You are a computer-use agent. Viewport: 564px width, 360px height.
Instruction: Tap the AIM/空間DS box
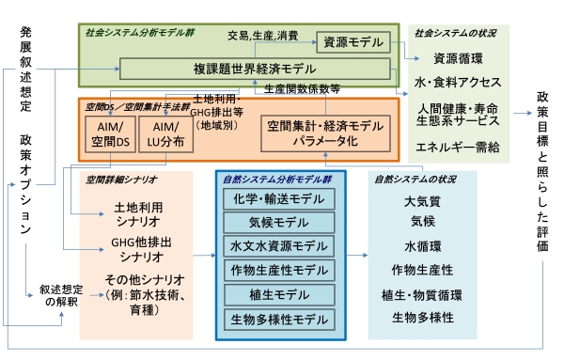(110, 133)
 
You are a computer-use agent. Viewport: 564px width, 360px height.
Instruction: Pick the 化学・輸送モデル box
(280, 199)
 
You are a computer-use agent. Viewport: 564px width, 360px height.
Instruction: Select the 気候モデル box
(280, 224)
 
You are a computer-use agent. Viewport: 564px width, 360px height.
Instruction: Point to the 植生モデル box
(280, 295)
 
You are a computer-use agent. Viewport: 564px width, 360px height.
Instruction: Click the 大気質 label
(422, 201)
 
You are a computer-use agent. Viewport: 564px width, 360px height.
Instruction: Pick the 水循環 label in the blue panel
(422, 246)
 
